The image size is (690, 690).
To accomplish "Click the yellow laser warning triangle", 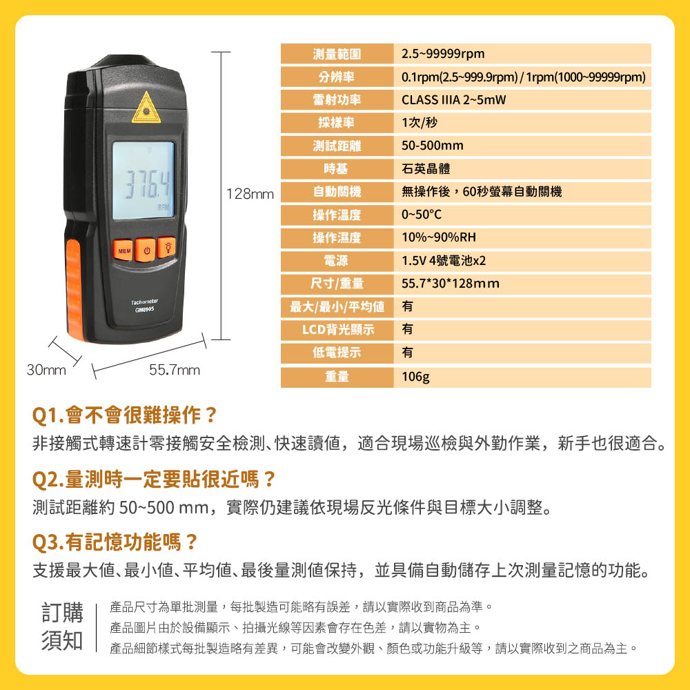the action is [146, 108].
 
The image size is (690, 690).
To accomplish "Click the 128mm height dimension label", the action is [250, 194].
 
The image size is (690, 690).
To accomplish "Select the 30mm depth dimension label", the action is [46, 370].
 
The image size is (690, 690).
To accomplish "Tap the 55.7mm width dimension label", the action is [175, 370].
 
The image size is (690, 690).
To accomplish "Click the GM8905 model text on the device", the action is [144, 310].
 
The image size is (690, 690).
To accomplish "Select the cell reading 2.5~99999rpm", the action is [522, 54].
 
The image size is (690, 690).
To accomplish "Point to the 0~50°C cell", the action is [522, 215].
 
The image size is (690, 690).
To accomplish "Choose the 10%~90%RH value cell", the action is [522, 237].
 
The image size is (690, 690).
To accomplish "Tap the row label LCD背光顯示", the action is [337, 330].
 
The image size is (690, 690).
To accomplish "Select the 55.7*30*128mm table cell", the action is [522, 284].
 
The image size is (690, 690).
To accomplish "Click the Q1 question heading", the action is [125, 415].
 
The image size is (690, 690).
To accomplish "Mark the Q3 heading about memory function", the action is [115, 542].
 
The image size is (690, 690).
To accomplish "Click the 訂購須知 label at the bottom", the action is [62, 627].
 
